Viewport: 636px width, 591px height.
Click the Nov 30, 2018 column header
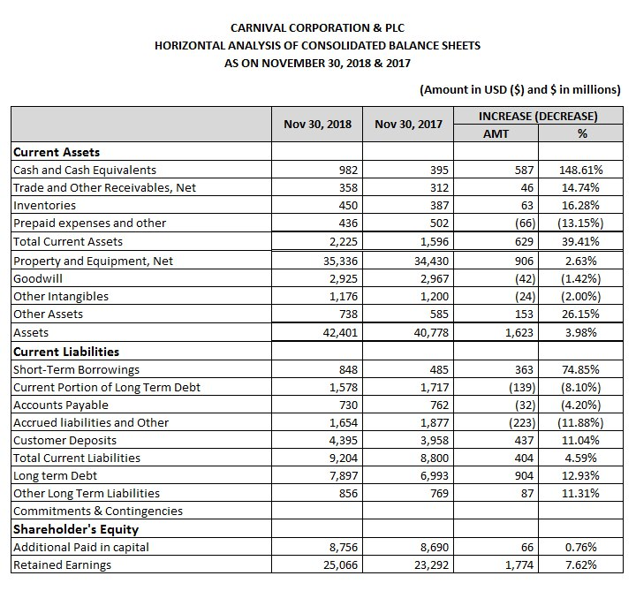coord(317,125)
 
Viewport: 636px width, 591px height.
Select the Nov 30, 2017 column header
coord(408,125)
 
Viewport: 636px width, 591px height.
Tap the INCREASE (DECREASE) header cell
coord(537,116)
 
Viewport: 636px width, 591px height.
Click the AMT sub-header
coord(496,133)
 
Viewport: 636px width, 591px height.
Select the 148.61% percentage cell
coord(580,170)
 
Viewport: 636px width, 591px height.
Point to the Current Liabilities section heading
coord(65,352)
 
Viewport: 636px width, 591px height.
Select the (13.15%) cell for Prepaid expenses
coord(579,223)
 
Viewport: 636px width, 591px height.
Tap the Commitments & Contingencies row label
coord(98,511)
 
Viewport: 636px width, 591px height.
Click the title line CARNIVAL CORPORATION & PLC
coord(317,27)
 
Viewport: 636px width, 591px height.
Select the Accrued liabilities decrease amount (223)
coord(520,422)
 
